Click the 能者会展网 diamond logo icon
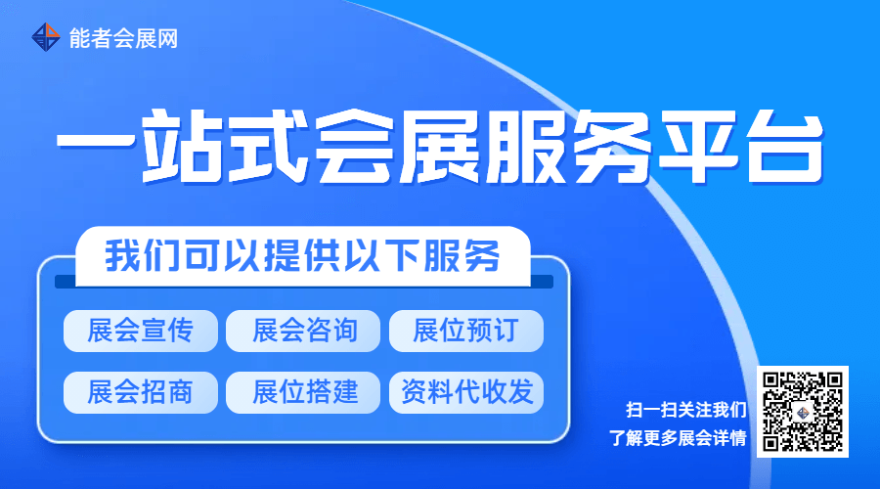point(46,38)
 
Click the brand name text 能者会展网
point(124,39)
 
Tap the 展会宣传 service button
point(140,331)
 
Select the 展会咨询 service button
point(304,331)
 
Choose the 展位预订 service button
point(465,331)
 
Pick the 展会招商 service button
point(140,392)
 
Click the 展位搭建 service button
point(304,392)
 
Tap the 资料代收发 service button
point(465,392)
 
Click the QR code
point(803,413)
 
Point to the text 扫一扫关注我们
point(685,409)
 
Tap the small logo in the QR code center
point(803,413)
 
